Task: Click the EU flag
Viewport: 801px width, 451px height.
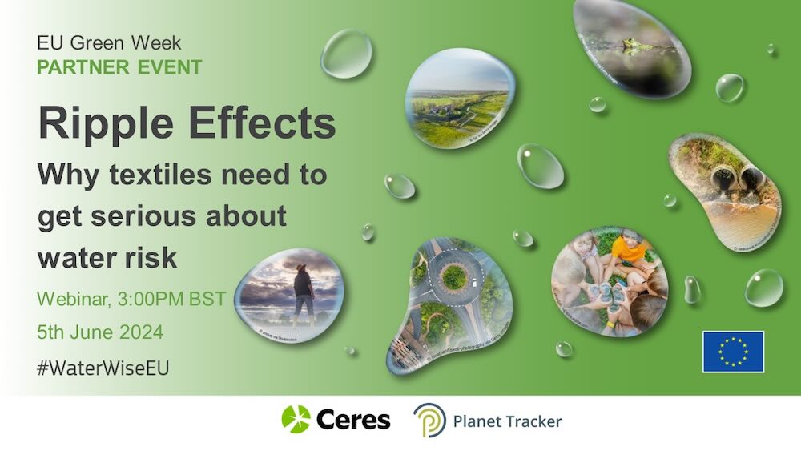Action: (733, 352)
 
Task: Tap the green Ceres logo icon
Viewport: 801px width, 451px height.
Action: (296, 420)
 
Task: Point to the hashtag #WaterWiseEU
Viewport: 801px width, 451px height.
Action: (104, 367)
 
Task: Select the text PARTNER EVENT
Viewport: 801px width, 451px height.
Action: (119, 66)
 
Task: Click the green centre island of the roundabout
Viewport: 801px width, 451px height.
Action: (453, 277)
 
